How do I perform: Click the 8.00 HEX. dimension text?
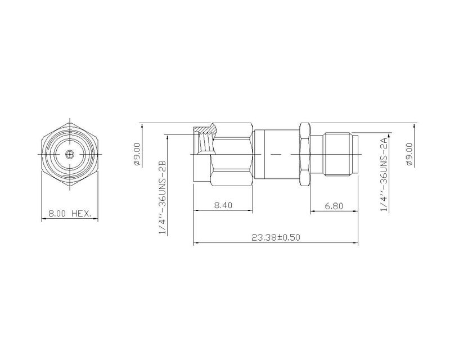(x=69, y=214)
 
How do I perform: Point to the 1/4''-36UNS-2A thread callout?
(x=385, y=174)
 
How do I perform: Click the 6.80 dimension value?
(x=334, y=206)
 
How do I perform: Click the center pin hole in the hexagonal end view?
(x=69, y=154)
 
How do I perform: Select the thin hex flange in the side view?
(x=304, y=154)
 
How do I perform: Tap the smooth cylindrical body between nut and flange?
(x=276, y=154)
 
